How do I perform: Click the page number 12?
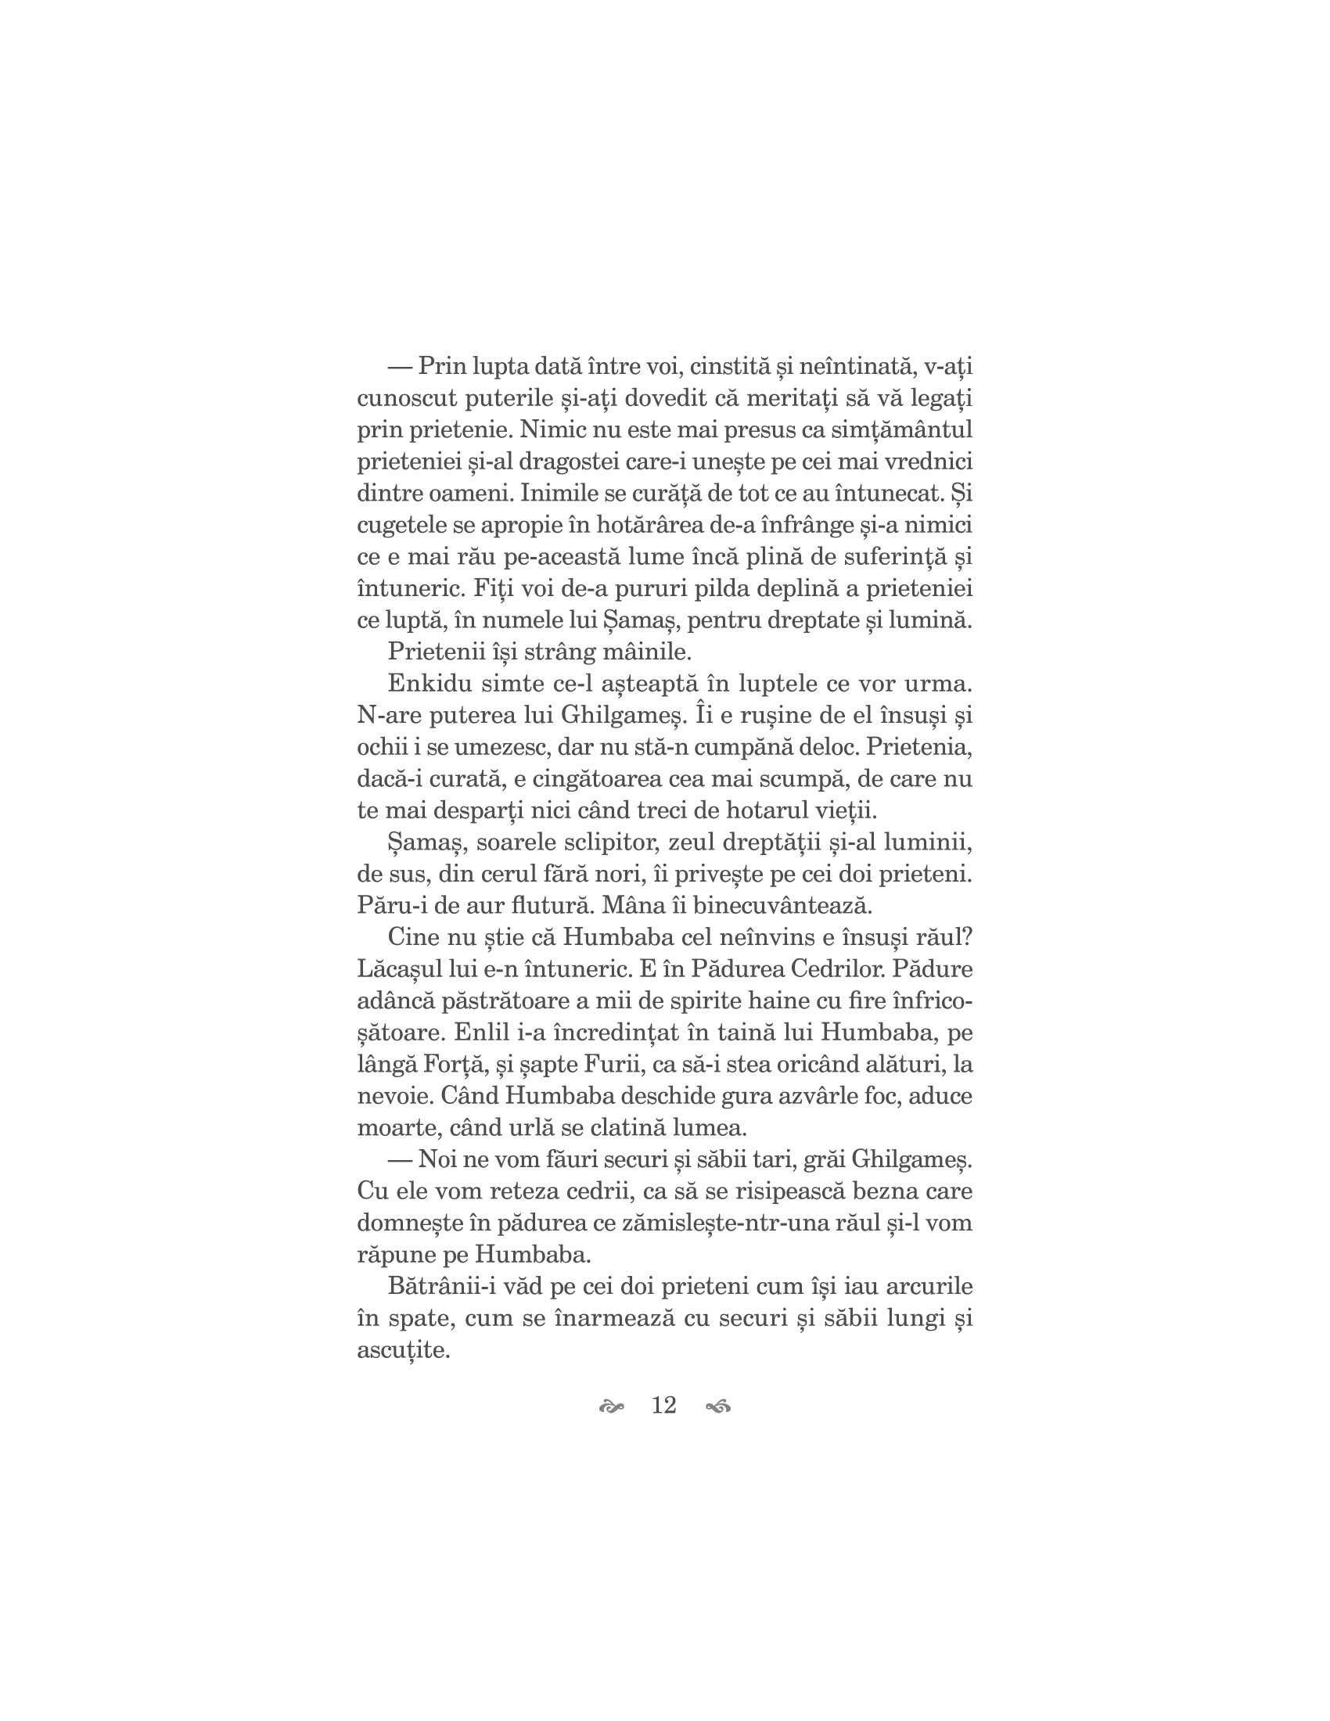click(x=664, y=1405)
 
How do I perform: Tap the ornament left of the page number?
click(x=612, y=1407)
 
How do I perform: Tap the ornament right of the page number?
click(x=718, y=1407)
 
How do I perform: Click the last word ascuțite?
click(x=403, y=1351)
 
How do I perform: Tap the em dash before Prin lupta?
click(x=401, y=367)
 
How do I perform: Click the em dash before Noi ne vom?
click(x=401, y=1159)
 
